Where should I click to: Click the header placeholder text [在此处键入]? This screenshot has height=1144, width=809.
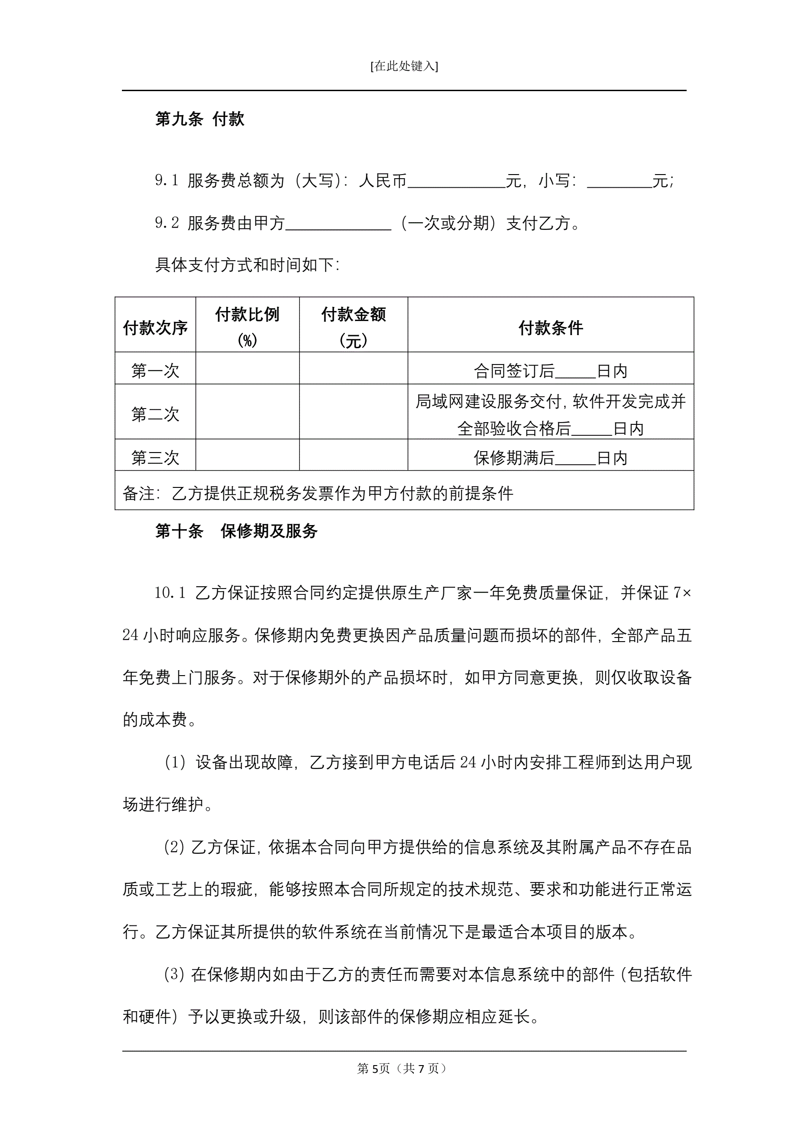(404, 66)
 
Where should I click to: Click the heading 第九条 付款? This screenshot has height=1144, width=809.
(200, 119)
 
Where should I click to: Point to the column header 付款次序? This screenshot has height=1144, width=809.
(155, 328)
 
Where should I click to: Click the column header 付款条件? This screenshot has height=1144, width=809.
(551, 328)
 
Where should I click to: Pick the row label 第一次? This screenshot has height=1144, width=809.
(155, 371)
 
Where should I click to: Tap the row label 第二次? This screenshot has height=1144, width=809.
(155, 414)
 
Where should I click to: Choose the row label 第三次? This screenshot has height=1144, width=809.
(155, 458)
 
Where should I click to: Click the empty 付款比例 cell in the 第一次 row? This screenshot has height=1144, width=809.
(247, 369)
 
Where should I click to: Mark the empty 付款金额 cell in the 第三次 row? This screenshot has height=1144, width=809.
(353, 455)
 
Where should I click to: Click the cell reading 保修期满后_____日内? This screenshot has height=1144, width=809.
(551, 458)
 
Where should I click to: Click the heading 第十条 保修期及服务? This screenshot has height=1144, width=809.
(236, 531)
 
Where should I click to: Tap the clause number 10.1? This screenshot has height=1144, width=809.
(170, 593)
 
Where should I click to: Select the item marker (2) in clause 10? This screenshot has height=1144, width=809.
(174, 847)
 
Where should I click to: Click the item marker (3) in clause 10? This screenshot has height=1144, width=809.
(174, 974)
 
